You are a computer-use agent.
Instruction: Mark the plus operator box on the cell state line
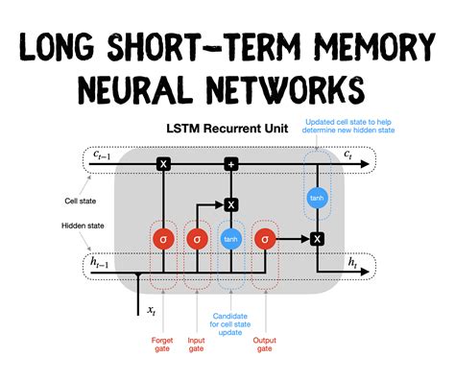(x=230, y=165)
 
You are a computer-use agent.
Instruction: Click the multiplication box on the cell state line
(x=163, y=165)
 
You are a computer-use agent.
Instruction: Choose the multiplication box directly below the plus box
(x=230, y=203)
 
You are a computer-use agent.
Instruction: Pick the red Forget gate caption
(x=163, y=344)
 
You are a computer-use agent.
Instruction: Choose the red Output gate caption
(x=265, y=344)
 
